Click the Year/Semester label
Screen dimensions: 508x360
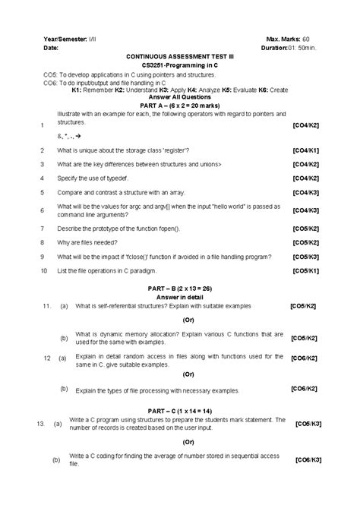pos(66,38)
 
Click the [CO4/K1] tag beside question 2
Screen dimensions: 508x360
pos(305,151)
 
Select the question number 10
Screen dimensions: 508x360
pos(44,270)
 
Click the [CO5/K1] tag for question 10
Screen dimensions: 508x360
pos(305,270)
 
